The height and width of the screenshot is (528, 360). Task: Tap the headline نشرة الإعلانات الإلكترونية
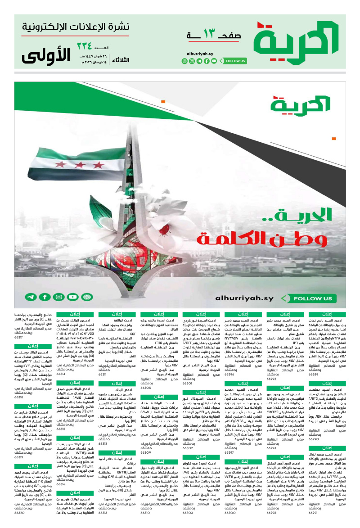(75, 27)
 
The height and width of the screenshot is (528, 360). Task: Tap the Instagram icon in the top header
(192, 61)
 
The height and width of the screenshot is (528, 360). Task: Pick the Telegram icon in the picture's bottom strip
(31, 297)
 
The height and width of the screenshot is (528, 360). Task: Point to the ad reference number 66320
(19, 513)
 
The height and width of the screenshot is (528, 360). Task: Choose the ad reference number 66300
(229, 513)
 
